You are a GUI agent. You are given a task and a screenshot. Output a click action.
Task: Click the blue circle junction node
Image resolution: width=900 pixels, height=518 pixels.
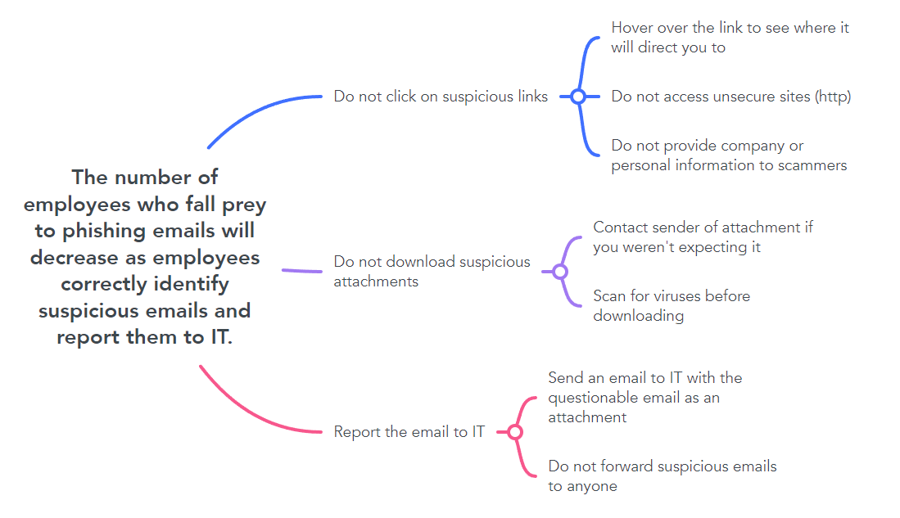[x=578, y=97]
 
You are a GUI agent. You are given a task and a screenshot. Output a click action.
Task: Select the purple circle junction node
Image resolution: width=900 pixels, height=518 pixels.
[x=560, y=272]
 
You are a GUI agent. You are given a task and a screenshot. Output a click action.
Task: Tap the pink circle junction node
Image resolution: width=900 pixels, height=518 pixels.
[x=515, y=432]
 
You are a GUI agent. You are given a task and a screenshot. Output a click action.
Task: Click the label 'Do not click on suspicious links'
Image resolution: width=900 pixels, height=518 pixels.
[x=441, y=97]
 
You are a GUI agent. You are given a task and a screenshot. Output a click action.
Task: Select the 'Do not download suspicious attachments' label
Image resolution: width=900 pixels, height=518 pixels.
[x=432, y=272]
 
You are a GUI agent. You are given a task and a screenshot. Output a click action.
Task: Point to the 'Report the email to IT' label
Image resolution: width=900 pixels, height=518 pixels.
[x=409, y=432]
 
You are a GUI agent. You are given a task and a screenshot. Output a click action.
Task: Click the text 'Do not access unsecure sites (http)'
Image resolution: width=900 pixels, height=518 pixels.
[x=730, y=97]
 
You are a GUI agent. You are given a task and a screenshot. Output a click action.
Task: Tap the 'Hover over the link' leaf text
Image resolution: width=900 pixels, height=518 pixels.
[x=730, y=38]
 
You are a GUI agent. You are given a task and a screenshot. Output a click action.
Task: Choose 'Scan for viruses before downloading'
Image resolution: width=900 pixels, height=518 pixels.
[x=671, y=305]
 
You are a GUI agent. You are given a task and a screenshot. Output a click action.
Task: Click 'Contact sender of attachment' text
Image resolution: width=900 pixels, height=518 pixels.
[x=703, y=236]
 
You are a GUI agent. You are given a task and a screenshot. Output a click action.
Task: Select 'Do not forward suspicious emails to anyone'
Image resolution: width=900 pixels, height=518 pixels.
[x=662, y=476]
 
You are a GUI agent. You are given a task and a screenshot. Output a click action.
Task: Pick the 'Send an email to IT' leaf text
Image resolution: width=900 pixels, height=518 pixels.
[x=644, y=397]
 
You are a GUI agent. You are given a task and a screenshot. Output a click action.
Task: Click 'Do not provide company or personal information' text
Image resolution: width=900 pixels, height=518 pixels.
[x=728, y=155]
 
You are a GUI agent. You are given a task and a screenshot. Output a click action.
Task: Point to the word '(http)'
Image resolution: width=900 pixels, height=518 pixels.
[x=833, y=97]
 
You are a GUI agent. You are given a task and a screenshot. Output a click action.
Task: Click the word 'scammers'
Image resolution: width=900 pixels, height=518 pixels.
[x=812, y=165]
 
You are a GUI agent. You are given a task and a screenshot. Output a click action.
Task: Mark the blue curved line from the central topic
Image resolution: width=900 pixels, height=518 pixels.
[x=254, y=110]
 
